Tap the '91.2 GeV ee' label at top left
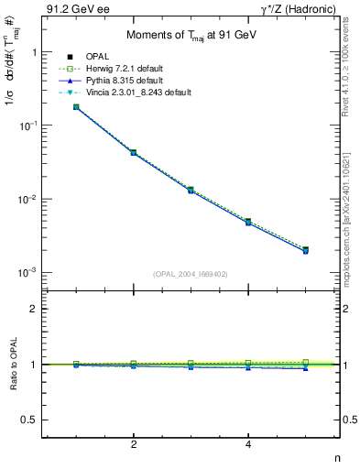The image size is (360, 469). tap(73, 9)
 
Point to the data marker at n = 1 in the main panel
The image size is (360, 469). tap(76, 107)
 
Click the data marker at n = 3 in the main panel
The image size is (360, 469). tap(191, 190)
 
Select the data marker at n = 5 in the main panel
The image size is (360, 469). tap(305, 249)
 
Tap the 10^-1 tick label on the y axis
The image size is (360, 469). tap(27, 125)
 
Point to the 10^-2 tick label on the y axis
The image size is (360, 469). tap(27, 200)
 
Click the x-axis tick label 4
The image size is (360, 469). tap(248, 444)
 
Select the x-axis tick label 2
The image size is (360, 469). tap(134, 444)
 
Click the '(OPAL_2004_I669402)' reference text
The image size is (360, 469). tap(191, 273)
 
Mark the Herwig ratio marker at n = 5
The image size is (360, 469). tap(305, 362)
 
